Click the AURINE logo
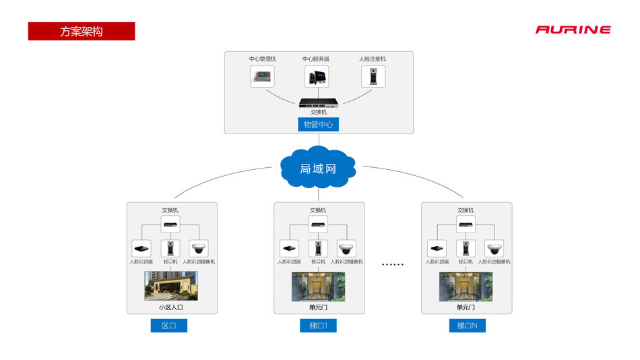click(573, 30)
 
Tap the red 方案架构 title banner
click(82, 31)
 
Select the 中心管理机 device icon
click(262, 76)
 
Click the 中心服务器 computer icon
click(316, 76)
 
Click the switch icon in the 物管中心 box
click(319, 102)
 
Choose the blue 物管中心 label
click(319, 125)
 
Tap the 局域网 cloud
click(318, 168)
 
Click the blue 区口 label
click(168, 326)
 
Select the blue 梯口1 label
click(318, 326)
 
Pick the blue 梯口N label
click(467, 326)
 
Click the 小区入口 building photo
click(171, 286)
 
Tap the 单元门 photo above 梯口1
click(318, 287)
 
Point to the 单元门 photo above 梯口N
click(466, 287)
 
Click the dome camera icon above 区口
click(199, 247)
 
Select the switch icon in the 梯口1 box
click(319, 223)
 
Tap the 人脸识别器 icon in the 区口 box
click(141, 247)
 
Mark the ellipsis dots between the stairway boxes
click(392, 264)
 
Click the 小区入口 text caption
click(171, 307)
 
